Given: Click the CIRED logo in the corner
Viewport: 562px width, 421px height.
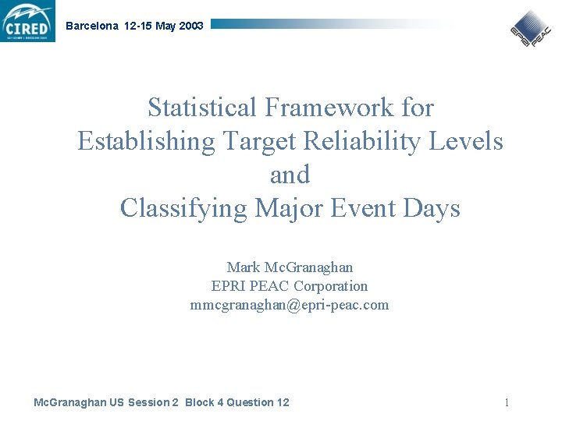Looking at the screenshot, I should (28, 21).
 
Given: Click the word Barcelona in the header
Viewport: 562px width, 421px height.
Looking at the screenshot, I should (92, 26).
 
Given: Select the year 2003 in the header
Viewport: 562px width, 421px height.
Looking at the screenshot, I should (191, 26).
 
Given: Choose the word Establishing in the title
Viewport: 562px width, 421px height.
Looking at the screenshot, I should (147, 141).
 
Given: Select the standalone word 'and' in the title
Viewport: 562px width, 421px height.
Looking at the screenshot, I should (290, 175).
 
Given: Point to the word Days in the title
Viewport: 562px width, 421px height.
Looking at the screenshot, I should (434, 208).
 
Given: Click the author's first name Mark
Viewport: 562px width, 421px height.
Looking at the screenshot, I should (244, 267).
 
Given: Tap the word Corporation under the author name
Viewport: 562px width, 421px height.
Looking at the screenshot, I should (331, 286).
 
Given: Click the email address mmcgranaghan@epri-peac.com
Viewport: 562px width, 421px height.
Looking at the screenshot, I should (290, 305).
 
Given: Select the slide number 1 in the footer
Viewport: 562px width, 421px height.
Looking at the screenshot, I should (507, 402).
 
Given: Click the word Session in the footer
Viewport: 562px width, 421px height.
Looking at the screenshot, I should (149, 402).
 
